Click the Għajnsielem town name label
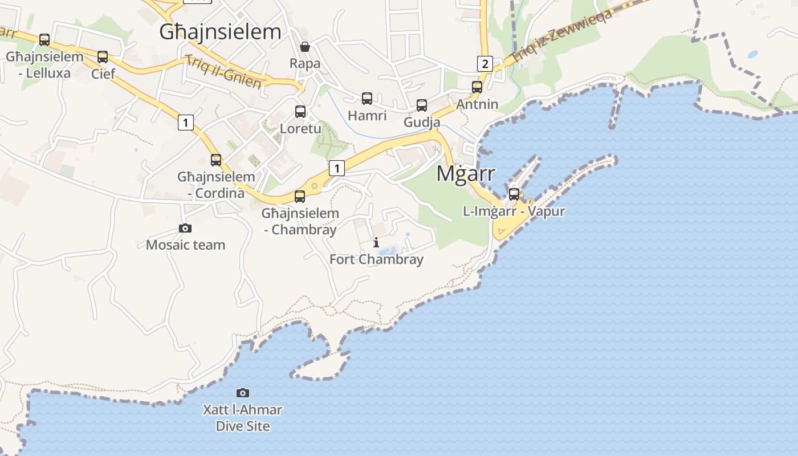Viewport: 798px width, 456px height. [x=220, y=32]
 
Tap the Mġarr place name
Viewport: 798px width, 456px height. [x=466, y=174]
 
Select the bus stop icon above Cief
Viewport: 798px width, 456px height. [x=103, y=57]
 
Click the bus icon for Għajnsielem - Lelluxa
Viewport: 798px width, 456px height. [x=44, y=40]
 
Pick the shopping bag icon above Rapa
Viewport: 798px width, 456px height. [x=305, y=47]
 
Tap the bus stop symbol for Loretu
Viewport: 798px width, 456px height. [x=300, y=112]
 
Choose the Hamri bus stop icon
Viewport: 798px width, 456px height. [x=367, y=99]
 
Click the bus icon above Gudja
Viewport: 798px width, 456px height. [x=422, y=105]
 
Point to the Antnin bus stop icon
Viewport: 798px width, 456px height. [x=477, y=87]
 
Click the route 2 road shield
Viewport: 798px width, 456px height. [x=484, y=63]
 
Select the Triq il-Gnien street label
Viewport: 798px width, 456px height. [x=223, y=72]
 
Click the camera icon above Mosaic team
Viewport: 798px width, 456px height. [x=185, y=228]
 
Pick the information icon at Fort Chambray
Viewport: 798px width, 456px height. [x=376, y=243]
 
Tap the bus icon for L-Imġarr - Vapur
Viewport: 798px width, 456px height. [x=514, y=194]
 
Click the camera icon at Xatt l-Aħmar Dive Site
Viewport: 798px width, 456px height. [x=243, y=393]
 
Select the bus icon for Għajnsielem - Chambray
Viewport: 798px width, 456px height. [x=300, y=197]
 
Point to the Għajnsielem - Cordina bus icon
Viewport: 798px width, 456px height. [x=216, y=160]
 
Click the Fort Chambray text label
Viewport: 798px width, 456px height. [x=376, y=259]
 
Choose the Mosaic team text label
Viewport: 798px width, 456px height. [x=185, y=245]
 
